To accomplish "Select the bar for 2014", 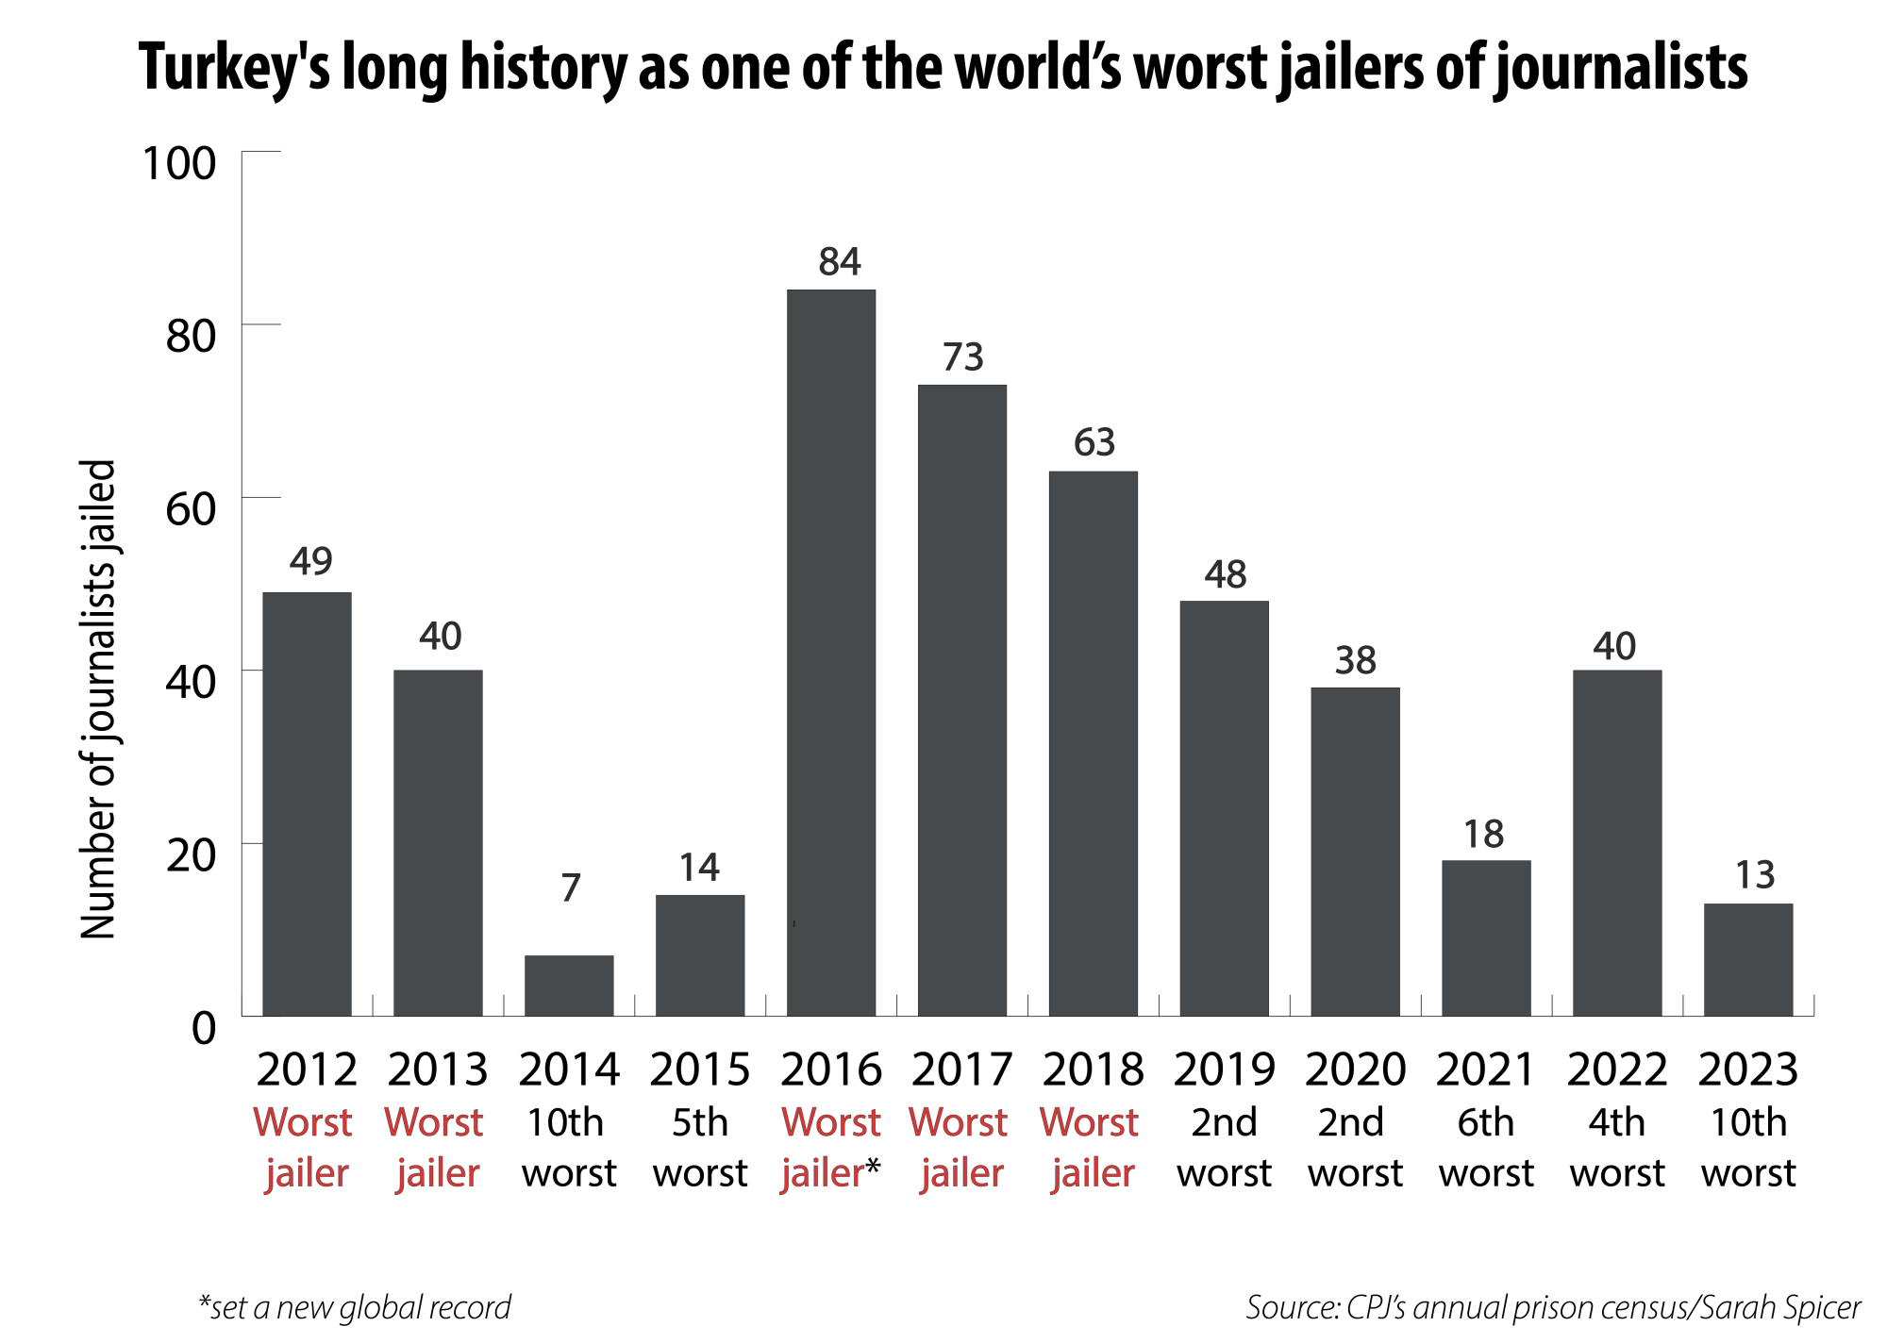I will (x=569, y=986).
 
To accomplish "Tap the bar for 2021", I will (x=1486, y=937).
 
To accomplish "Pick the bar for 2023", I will (x=1748, y=959).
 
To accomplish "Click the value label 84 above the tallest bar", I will (x=840, y=262).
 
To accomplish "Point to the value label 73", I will (x=963, y=357).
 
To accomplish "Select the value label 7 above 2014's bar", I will (x=570, y=887).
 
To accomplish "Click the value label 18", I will (x=1483, y=835).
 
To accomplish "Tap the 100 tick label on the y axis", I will (x=179, y=163).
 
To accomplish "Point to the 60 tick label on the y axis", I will (x=191, y=509).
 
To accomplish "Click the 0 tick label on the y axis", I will (x=204, y=1028).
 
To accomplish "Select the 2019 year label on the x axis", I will (x=1224, y=1069).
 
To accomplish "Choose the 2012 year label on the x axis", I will (x=307, y=1069).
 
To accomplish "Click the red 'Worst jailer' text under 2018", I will (x=1091, y=1148).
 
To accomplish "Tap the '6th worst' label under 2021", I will (x=1486, y=1148).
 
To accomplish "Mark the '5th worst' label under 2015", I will (x=700, y=1148).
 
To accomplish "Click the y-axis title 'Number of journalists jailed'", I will (x=98, y=699).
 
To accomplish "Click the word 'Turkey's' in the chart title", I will (x=235, y=68).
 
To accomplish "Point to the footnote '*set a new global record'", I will (x=355, y=1307).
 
